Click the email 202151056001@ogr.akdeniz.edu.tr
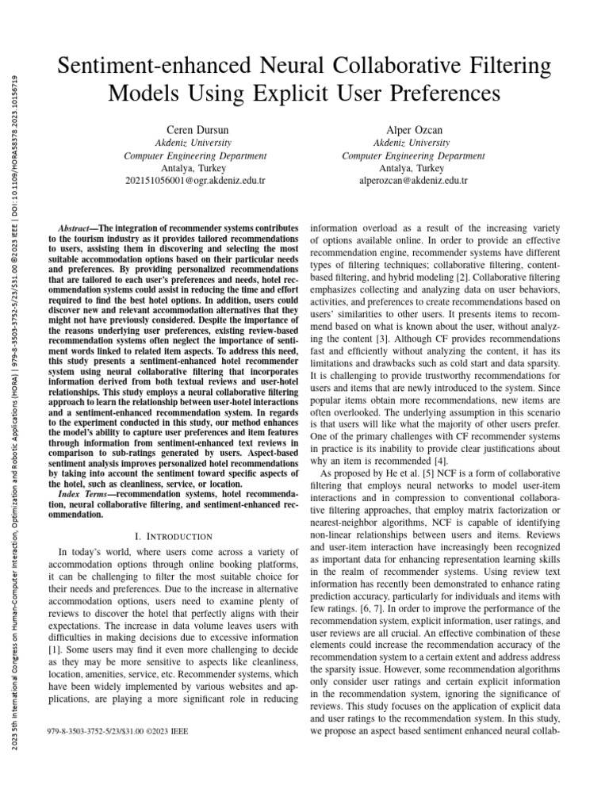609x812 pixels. pos(195,181)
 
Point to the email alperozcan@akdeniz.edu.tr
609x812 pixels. pos(413,181)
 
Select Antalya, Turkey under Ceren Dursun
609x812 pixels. pos(195,168)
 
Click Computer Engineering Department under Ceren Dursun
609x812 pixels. pos(195,155)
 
